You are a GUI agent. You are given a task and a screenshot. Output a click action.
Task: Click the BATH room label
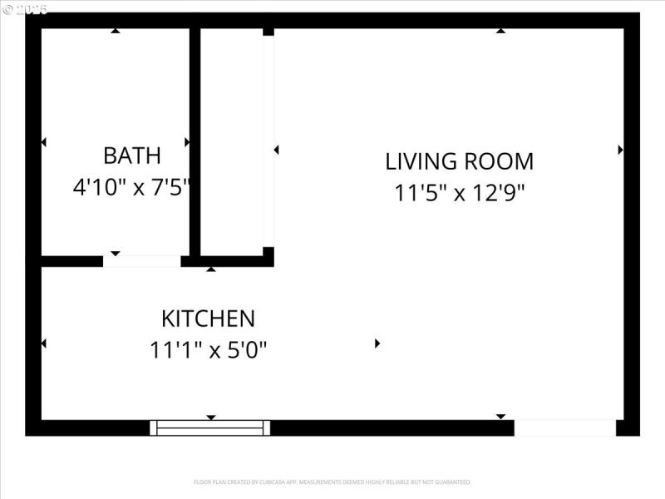coord(131,156)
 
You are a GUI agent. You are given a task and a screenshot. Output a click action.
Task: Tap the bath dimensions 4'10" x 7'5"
coord(131,187)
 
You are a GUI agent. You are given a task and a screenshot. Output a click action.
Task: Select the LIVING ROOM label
coord(459,161)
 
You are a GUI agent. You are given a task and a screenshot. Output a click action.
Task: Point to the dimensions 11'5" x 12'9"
coord(459,193)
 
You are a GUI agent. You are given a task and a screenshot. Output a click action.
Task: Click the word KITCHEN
coord(208,319)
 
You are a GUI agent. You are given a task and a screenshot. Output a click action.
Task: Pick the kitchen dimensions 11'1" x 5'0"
coord(208,350)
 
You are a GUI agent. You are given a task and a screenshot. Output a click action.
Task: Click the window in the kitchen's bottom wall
coord(210,427)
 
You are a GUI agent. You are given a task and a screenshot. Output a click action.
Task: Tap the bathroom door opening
coord(142,261)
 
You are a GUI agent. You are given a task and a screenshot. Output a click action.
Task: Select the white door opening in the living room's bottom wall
coord(564,427)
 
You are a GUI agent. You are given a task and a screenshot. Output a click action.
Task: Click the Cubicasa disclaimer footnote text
coord(332,482)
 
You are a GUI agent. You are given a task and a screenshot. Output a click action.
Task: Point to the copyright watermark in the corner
coord(25,9)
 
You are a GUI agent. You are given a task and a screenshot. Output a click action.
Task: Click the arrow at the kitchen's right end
coord(377,343)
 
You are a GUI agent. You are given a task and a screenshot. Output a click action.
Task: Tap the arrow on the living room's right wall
coord(620,150)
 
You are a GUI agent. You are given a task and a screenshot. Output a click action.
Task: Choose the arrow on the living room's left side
coord(276,150)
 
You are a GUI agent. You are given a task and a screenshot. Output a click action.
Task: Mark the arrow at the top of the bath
coord(116,31)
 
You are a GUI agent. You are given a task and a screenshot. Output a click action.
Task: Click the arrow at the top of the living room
coord(500,31)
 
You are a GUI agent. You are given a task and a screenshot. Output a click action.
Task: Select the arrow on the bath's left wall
coord(43,142)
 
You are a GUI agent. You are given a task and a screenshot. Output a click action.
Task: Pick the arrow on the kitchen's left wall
coord(43,343)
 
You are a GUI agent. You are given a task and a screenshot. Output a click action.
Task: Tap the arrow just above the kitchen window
coord(211,417)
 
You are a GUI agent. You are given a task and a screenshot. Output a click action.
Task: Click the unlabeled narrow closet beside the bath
coord(232,141)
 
